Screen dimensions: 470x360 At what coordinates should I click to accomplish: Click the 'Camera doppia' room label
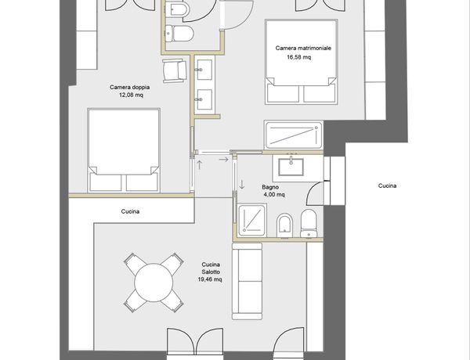point(129,88)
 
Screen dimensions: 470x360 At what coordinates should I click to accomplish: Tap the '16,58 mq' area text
point(299,57)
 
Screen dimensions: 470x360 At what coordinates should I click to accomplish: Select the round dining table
point(154,283)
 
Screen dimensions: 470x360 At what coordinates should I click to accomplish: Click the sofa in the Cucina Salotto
point(248,281)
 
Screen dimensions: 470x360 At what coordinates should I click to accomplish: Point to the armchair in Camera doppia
point(175,70)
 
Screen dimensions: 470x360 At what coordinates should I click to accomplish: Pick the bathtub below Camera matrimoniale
point(294,135)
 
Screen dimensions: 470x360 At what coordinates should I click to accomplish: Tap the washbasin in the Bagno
point(291,167)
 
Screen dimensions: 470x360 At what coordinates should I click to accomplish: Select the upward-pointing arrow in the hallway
point(199,164)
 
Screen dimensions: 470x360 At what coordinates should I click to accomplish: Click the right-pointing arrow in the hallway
point(223,160)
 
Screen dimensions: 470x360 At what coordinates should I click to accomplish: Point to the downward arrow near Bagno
point(241,185)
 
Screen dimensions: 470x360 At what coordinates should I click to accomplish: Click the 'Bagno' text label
point(270,187)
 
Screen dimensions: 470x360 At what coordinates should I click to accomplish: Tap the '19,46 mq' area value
point(210,279)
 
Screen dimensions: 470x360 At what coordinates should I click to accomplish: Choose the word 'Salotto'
point(211,272)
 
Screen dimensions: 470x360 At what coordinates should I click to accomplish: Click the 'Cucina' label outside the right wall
point(387,185)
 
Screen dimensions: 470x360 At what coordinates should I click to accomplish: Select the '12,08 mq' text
point(131,95)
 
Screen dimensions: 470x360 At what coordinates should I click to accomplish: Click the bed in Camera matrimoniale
point(302,62)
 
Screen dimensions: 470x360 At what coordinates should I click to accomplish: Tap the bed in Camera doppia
point(124,150)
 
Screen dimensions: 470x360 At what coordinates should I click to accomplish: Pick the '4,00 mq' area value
point(274,195)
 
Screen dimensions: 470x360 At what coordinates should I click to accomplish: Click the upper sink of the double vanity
point(204,70)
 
